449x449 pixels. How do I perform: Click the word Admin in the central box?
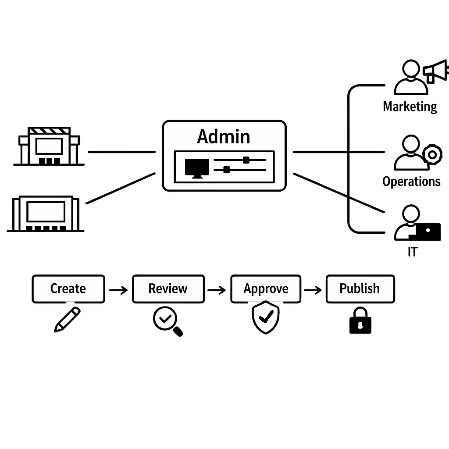point(224,136)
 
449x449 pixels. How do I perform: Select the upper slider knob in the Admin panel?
point(246,160)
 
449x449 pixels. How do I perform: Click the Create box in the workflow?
point(68,289)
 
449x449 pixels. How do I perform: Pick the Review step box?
point(168,289)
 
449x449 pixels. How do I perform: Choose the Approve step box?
point(266,289)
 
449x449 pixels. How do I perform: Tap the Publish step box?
point(360,289)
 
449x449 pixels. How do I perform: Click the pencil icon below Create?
point(67,319)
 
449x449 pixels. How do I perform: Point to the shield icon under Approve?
point(265,317)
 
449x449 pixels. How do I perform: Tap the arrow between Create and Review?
point(118,290)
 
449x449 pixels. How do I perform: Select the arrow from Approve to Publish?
point(313,290)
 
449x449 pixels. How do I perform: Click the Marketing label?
point(410,107)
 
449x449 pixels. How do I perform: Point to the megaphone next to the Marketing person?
point(436,71)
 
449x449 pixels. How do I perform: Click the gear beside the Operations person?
point(432,154)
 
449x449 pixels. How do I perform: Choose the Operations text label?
point(411,182)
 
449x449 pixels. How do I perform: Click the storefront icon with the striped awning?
point(49,146)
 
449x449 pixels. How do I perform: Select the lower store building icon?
point(46,214)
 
